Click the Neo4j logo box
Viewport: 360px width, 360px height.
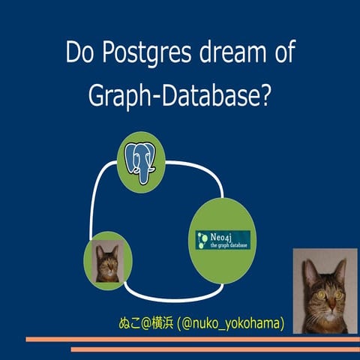[x=221, y=240]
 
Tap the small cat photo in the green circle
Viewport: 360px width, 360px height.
[x=107, y=262]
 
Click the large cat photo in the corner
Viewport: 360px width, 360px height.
[x=325, y=292]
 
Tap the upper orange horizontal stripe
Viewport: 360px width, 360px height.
[x=187, y=339]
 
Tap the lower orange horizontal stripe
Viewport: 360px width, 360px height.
[x=214, y=349]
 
